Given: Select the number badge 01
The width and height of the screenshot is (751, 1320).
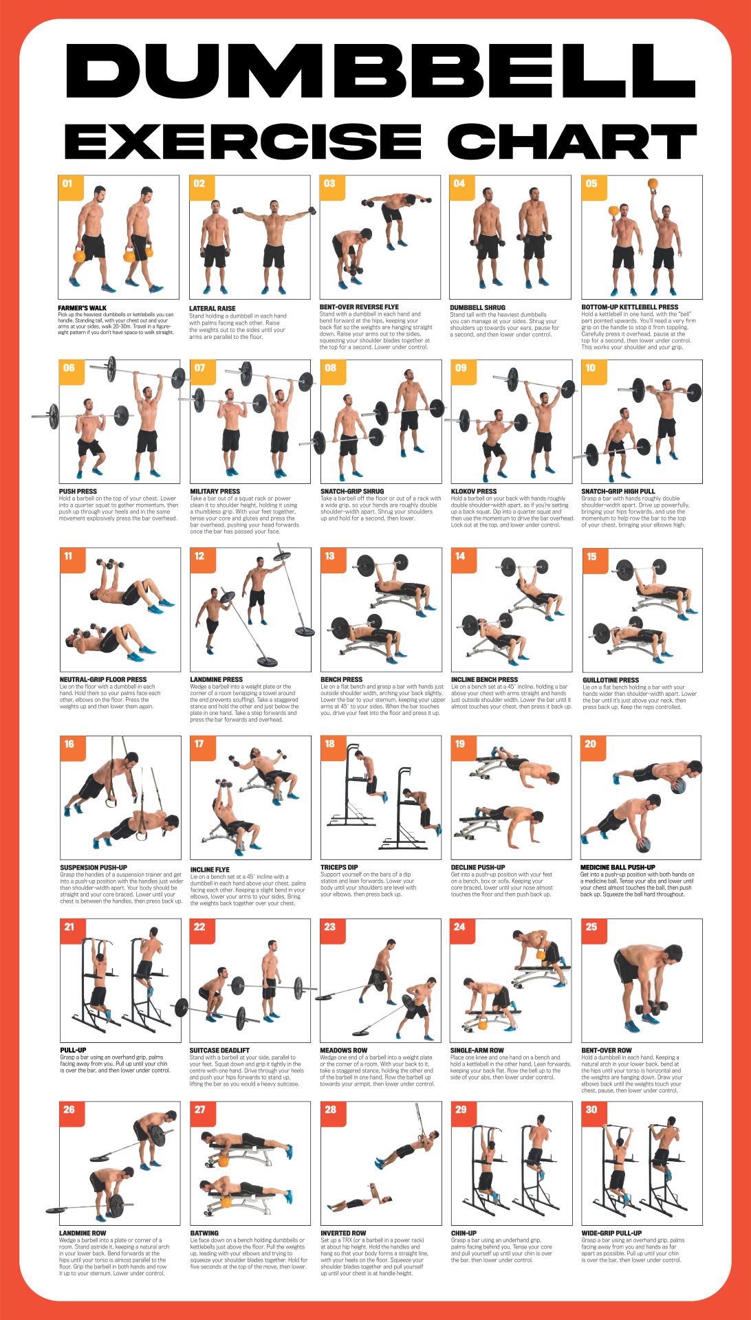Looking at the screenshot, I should [x=67, y=184].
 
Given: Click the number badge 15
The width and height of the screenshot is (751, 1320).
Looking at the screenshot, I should [x=591, y=557].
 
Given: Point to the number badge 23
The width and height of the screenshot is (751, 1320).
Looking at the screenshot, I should [x=330, y=927].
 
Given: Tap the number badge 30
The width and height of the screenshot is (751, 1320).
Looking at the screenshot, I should [x=591, y=1110].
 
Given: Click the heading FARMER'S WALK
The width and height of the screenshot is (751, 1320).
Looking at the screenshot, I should [x=83, y=308].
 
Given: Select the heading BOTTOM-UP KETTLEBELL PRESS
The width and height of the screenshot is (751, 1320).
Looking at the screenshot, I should [x=629, y=307].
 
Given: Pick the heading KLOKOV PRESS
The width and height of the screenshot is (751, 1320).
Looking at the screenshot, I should [x=474, y=492].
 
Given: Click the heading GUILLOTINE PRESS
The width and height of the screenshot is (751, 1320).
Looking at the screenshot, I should [x=611, y=680].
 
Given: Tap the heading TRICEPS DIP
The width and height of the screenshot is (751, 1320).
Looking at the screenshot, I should [x=339, y=868].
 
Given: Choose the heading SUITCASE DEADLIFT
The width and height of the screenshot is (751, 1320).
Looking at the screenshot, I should [x=219, y=1050].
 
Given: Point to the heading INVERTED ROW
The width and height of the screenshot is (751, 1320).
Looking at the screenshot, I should [x=343, y=1233].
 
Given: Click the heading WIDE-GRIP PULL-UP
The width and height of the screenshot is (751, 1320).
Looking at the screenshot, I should [x=611, y=1233].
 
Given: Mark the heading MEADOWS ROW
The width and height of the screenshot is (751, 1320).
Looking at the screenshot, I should [x=344, y=1050].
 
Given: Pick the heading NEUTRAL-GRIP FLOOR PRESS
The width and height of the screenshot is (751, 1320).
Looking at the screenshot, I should [x=103, y=679].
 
